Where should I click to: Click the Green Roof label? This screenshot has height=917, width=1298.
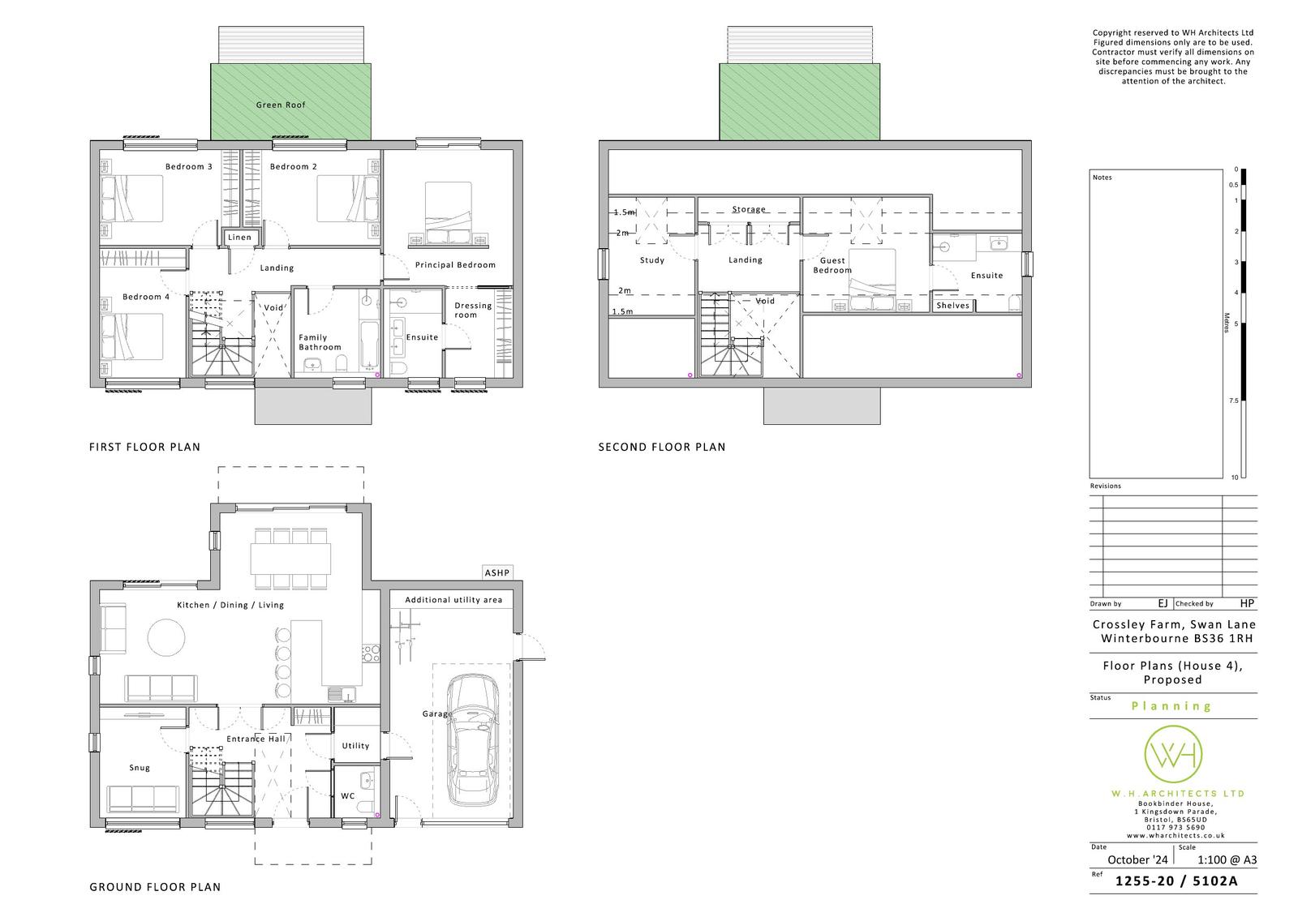click(281, 105)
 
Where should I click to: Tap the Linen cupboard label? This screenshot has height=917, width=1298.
click(239, 237)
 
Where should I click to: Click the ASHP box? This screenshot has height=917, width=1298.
click(497, 572)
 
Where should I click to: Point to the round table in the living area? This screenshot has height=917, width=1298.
click(166, 638)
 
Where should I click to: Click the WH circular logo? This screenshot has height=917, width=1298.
click(1173, 754)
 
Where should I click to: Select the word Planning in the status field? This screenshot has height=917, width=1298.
click(1171, 706)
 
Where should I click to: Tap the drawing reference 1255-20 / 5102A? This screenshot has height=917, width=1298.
click(1176, 881)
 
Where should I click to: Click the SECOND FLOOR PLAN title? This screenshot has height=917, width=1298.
click(662, 447)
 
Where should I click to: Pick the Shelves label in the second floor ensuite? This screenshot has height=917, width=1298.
click(952, 306)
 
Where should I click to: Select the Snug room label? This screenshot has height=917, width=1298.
click(139, 768)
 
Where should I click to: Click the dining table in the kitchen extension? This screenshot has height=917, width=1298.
click(291, 559)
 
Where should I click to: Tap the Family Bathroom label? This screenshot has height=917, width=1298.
click(320, 342)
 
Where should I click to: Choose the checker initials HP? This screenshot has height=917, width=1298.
click(1247, 603)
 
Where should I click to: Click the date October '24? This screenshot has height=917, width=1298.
click(1137, 859)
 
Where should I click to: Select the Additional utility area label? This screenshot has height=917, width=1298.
click(453, 599)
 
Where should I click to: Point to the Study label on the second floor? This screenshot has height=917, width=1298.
click(652, 260)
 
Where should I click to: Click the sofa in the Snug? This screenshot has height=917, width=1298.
click(143, 799)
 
